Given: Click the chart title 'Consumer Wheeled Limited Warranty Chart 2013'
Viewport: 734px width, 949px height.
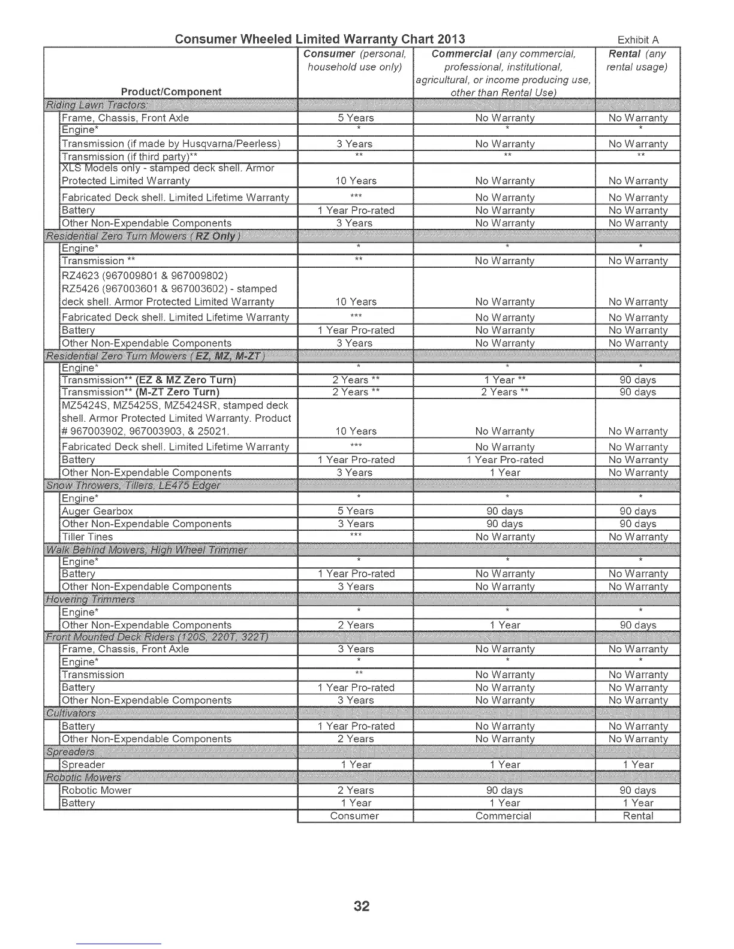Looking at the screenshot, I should (320, 40).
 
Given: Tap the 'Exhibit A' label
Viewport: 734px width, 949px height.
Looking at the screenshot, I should (638, 40).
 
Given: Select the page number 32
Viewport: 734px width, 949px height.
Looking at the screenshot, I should (362, 906).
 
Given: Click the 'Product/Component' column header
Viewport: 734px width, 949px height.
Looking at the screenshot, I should (171, 92).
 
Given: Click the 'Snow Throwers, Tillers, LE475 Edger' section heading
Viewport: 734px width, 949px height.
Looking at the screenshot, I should (133, 485).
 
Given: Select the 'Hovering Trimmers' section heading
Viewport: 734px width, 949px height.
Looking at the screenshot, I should (91, 599).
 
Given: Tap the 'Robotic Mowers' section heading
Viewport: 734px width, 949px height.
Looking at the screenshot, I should (84, 778).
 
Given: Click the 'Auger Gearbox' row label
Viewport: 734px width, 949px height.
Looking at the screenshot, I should (97, 511).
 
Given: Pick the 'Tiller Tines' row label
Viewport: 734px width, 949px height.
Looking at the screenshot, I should (87, 537).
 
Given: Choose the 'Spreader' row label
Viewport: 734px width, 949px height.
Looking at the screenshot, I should (83, 764).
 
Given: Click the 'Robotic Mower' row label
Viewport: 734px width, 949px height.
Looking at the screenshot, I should (96, 790).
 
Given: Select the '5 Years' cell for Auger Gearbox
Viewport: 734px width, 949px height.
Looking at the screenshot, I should (356, 511).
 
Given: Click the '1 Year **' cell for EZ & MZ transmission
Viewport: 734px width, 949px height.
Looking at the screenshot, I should (504, 380).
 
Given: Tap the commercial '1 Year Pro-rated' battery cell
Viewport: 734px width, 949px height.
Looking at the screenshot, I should (504, 460).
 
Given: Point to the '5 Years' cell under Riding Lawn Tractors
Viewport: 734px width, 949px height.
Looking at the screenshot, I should (356, 118).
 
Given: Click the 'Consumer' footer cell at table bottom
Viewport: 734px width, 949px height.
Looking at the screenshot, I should (354, 816).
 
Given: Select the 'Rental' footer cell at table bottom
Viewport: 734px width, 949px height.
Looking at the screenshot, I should (638, 816).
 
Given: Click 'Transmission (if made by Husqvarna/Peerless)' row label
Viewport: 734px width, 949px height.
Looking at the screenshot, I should (171, 144).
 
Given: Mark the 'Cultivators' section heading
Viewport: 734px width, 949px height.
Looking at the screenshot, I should (71, 713).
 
